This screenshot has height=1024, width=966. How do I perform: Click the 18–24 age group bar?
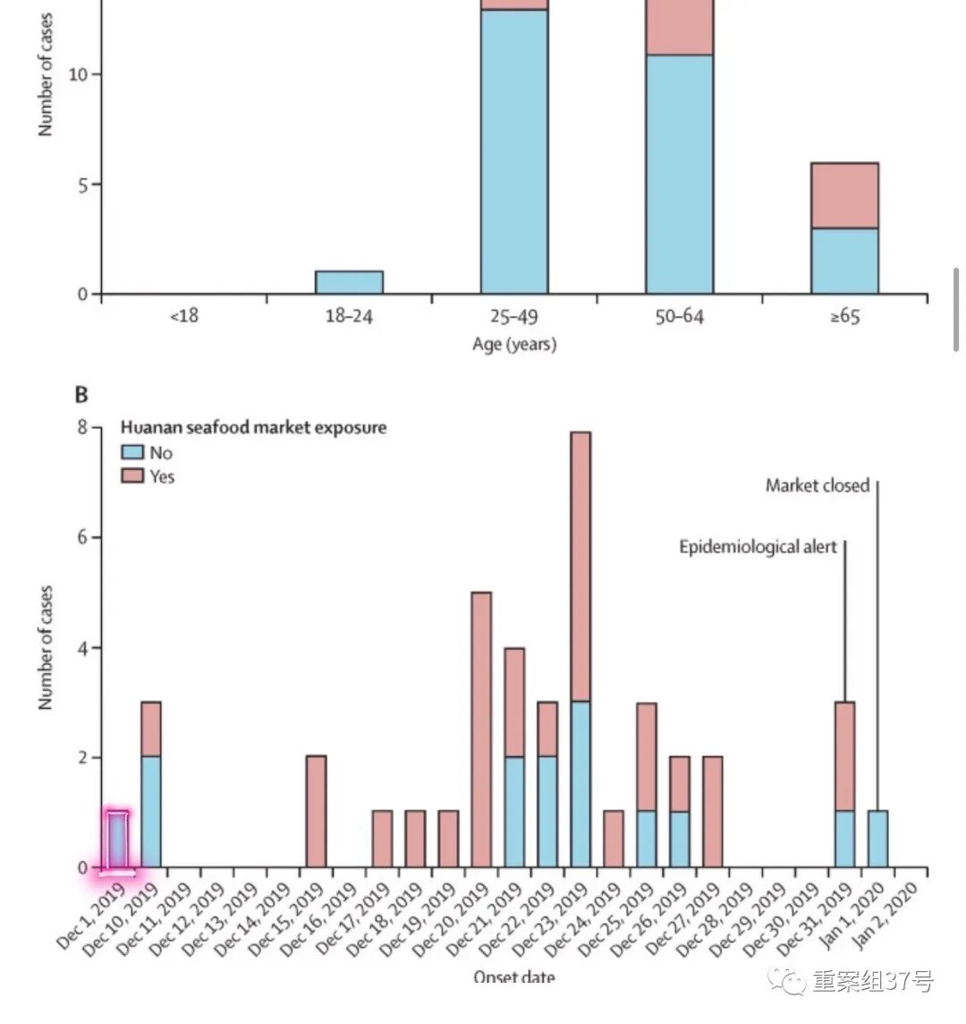point(349,282)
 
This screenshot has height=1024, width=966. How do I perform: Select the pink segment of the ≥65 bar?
point(844,195)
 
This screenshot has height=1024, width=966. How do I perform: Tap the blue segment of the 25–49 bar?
point(514,151)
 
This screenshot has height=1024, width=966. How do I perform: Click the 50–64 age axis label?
point(679,317)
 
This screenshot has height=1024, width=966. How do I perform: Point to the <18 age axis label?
point(183,317)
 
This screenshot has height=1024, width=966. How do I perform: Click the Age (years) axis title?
point(514,345)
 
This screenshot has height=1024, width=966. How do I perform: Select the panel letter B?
point(81,395)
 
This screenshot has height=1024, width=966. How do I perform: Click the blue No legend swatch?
point(132,452)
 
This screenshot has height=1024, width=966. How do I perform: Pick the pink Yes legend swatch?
point(132,475)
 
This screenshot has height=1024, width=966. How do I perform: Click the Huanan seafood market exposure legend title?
point(254,428)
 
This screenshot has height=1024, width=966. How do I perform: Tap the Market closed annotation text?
point(817,485)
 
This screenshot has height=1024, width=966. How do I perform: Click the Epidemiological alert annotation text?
point(758,546)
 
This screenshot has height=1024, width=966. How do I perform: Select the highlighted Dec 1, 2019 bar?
point(118,840)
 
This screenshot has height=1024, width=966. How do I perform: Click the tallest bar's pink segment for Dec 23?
point(580,567)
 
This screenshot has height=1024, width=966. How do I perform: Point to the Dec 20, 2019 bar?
point(481,730)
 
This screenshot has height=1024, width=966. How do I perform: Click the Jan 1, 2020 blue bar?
point(877,840)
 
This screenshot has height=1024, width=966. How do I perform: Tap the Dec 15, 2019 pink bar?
point(316,812)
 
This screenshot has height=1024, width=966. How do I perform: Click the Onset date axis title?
point(514,977)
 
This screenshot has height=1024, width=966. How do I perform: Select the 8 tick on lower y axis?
point(82,428)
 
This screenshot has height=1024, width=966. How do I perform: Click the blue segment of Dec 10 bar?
point(151,812)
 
